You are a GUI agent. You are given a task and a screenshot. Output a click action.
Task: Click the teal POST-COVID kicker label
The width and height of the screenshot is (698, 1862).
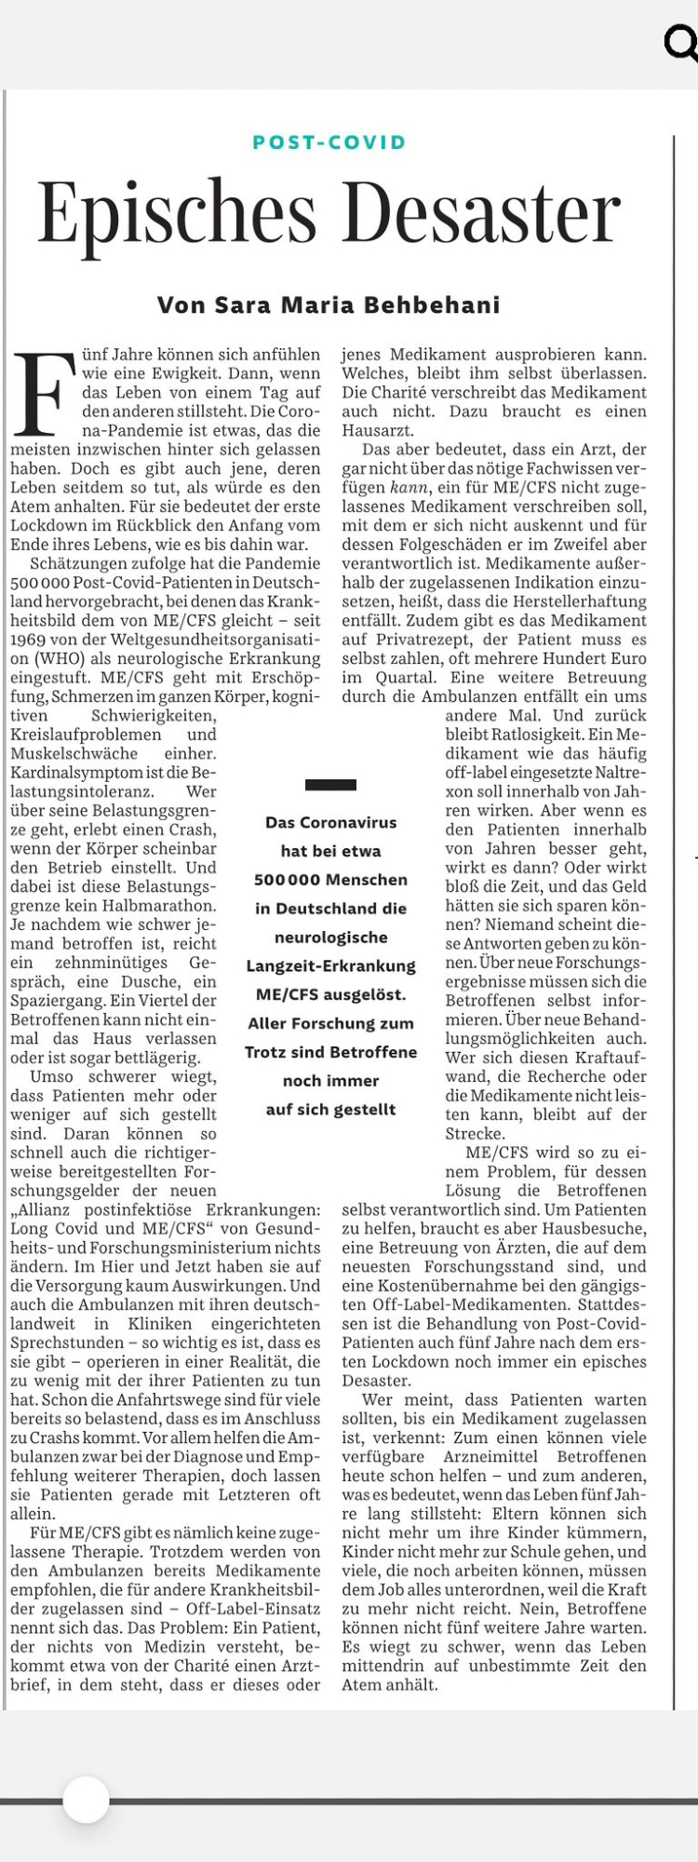[329, 142]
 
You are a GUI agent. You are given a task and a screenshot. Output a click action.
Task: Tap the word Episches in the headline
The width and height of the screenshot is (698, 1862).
[177, 213]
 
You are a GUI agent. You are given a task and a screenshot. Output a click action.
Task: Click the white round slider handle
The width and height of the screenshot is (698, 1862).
[87, 1800]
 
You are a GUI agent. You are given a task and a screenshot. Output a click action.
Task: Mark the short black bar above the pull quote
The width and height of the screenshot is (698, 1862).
[330, 785]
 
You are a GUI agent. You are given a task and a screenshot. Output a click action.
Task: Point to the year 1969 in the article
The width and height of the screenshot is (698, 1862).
[29, 640]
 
